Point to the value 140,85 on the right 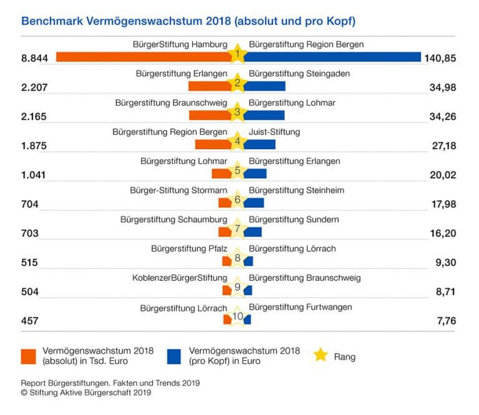tap(440, 59)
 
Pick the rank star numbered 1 tap(237, 55)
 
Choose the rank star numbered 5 tap(237, 171)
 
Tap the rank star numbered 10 tap(237, 317)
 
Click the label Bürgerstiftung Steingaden tap(299, 74)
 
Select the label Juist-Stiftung tap(274, 132)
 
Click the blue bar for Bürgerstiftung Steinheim tap(254, 202)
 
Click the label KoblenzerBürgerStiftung tap(180, 278)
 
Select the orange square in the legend tap(29, 356)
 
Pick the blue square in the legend tap(175, 356)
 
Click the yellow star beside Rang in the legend tap(321, 355)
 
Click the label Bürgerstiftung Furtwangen tap(300, 307)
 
